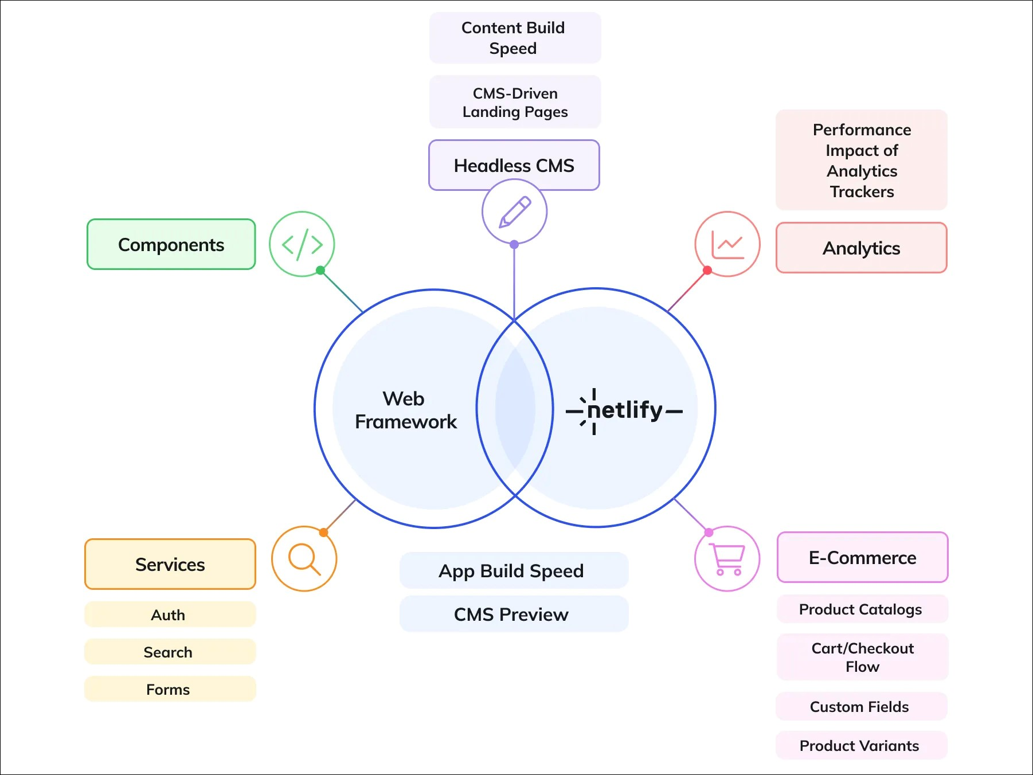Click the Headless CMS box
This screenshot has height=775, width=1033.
pos(514,165)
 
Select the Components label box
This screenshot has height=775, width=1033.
pos(171,244)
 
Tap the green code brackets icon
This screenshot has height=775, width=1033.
pos(302,244)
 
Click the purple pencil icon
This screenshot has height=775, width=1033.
pos(514,212)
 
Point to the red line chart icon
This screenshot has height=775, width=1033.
pos(727,244)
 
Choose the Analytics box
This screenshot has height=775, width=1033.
pos(861,248)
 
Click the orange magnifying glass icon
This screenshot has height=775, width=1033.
pos(304,558)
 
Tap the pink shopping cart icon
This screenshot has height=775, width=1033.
pos(727,558)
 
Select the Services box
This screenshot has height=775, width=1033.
pos(170,564)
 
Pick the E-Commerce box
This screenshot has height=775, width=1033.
pos(862,557)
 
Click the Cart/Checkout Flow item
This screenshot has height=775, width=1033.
pos(862,657)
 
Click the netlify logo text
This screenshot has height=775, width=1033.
pos(624,410)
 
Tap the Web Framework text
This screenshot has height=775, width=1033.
pos(405,410)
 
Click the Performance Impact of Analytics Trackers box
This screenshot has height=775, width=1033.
pos(861,160)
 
